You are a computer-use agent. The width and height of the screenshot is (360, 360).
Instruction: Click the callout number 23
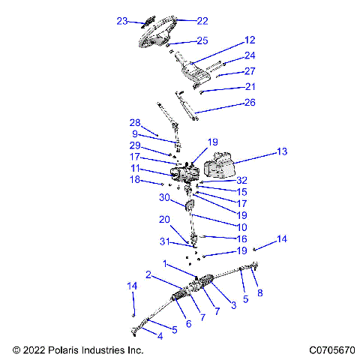click(x=122, y=21)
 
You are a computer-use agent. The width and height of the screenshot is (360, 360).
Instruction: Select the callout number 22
click(x=181, y=21)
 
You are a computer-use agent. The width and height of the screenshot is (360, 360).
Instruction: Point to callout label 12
click(x=250, y=40)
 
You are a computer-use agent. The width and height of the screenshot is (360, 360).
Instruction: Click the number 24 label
click(x=250, y=55)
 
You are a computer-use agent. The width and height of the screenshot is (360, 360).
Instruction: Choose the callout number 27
click(x=250, y=71)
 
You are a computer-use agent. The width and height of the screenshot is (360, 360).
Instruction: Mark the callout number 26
click(x=250, y=103)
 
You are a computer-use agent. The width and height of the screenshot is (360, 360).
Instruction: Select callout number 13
click(x=281, y=152)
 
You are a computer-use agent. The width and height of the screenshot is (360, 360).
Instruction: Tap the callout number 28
click(x=135, y=122)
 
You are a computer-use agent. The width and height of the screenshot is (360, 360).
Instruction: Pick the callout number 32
click(x=241, y=180)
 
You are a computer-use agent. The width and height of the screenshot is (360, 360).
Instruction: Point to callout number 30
click(x=163, y=198)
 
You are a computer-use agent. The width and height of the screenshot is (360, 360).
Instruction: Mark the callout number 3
click(x=233, y=304)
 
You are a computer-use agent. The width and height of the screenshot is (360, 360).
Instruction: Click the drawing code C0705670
click(x=330, y=349)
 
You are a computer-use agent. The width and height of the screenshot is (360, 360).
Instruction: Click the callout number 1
click(x=166, y=263)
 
